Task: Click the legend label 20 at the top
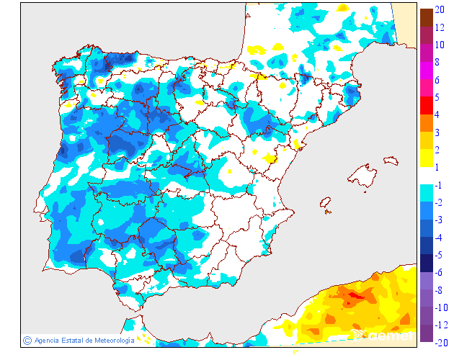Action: tap(439, 11)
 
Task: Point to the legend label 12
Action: tap(439, 28)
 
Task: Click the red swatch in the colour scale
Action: tap(426, 105)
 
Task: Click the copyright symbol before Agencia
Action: tap(27, 340)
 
